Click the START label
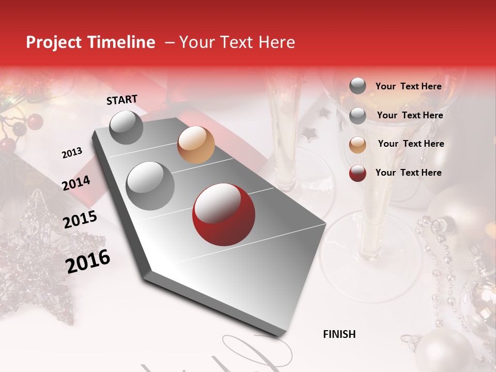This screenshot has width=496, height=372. point(122,100)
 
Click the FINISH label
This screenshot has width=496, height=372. point(339,334)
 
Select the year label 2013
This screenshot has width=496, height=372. point(72,153)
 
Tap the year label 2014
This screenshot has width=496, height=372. point(76,183)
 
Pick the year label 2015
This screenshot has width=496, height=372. point(80,220)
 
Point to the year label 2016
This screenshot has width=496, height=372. point(88,261)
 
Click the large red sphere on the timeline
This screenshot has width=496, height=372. point(223,214)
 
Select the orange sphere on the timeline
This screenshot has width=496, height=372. point(196,145)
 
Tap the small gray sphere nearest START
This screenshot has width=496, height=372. point(126,127)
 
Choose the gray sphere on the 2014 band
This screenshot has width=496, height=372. point(150,185)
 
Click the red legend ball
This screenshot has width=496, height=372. point(358,173)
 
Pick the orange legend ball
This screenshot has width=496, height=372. point(358,145)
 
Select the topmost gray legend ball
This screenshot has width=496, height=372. point(358,86)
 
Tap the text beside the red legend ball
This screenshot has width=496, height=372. point(408,173)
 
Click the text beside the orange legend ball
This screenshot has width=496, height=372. point(411,144)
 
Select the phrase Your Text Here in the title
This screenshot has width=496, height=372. point(237,42)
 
